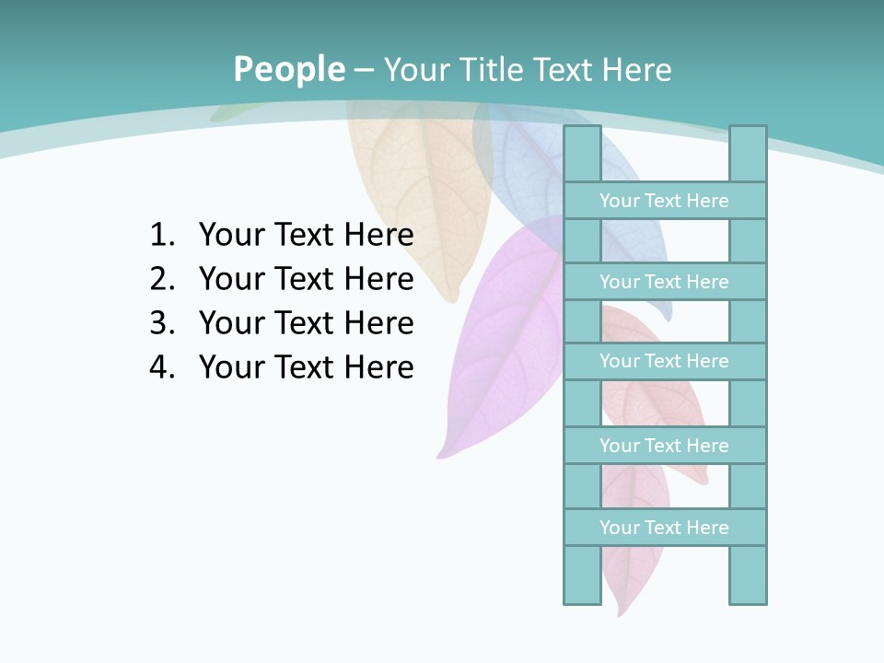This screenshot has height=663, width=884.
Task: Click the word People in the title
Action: click(289, 69)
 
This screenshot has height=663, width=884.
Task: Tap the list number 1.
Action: click(161, 235)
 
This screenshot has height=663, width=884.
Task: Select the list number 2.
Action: click(161, 279)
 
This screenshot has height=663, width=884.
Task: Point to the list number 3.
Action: click(161, 323)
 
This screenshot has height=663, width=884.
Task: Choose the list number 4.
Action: click(161, 367)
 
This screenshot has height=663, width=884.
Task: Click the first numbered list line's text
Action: click(306, 235)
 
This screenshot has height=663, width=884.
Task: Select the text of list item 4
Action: click(306, 367)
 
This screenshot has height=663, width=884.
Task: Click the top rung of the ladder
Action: click(664, 200)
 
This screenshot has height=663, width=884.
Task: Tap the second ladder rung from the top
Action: click(664, 281)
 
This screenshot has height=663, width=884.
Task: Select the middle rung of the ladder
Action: click(664, 361)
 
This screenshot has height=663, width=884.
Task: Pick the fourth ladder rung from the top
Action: click(664, 445)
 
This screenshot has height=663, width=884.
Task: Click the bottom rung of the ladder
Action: click(664, 527)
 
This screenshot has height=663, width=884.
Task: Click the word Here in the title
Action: click(636, 69)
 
